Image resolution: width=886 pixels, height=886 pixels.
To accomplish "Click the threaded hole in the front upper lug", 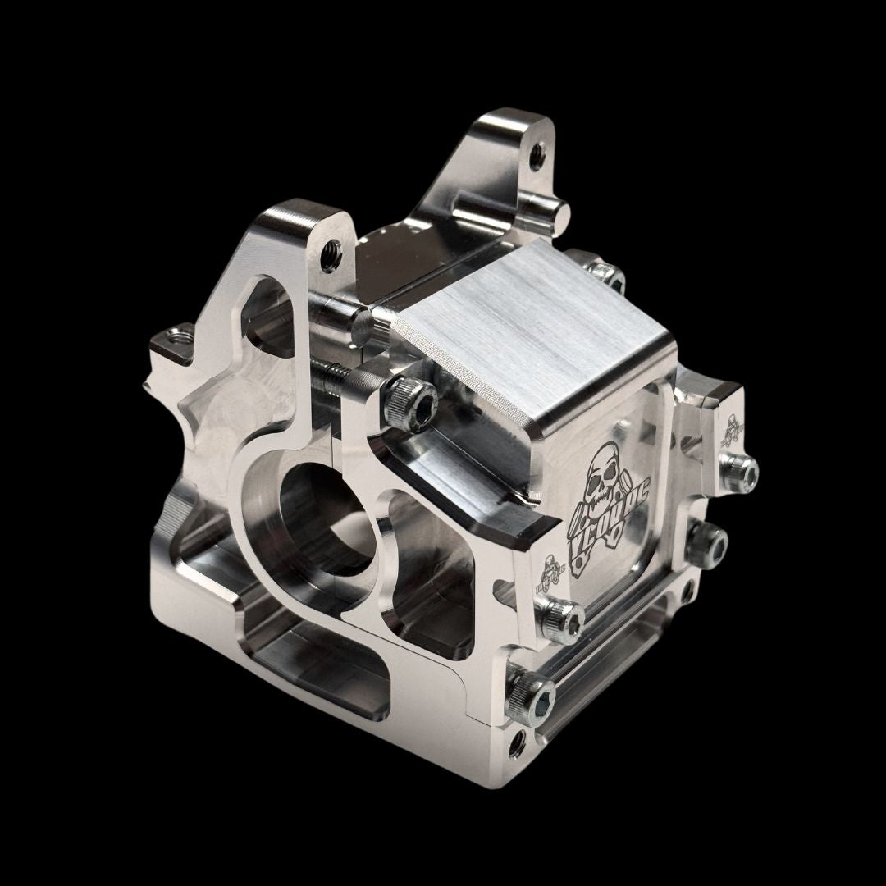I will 332,245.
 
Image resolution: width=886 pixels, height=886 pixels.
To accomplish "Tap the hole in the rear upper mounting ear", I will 537,152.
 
